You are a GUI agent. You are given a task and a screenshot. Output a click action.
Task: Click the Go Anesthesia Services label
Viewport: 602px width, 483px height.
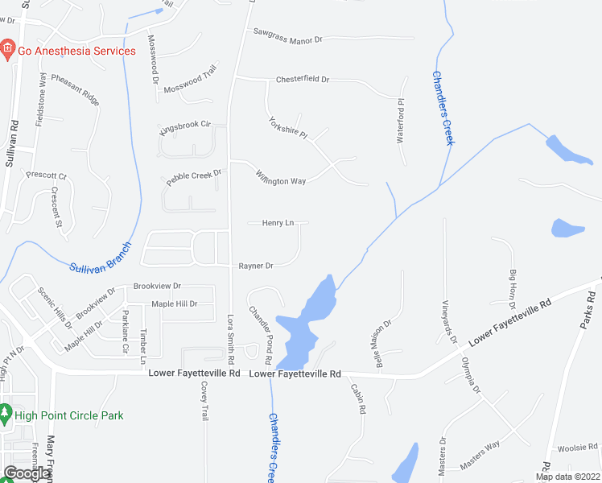click(x=77, y=51)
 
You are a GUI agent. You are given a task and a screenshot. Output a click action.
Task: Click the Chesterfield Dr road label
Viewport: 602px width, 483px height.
click(x=303, y=79)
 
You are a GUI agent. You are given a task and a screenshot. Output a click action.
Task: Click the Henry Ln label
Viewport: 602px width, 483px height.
click(x=278, y=223)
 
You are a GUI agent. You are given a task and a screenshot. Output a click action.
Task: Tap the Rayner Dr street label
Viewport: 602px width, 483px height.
click(x=256, y=266)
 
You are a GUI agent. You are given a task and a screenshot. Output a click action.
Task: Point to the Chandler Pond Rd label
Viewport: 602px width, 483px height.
click(x=262, y=327)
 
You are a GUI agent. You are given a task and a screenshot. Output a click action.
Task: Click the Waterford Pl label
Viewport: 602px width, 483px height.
click(x=400, y=122)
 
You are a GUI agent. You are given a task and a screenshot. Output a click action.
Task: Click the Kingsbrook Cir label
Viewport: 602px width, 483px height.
click(x=185, y=126)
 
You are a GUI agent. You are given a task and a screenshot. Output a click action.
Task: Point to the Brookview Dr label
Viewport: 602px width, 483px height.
click(x=158, y=286)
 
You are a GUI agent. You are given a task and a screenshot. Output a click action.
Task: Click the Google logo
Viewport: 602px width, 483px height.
click(x=26, y=473)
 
